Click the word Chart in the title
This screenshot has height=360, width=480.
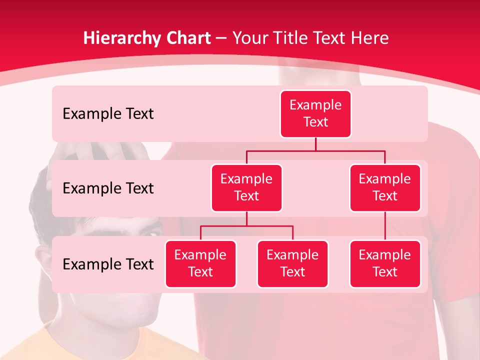pos(186,38)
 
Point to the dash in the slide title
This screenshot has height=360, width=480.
pos(221,38)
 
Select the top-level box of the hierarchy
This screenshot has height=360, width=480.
pos(315,114)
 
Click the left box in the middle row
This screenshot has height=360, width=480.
pos(246,187)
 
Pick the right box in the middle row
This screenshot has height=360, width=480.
pos(385,187)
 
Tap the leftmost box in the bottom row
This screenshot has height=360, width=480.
pos(200,263)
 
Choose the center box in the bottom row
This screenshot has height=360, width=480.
pos(292,263)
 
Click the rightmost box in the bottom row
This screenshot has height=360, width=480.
pos(385,263)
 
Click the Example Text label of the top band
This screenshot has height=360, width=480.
pos(108,114)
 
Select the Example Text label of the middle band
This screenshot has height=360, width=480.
pos(108,188)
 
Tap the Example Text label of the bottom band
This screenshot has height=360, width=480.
pos(108,264)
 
